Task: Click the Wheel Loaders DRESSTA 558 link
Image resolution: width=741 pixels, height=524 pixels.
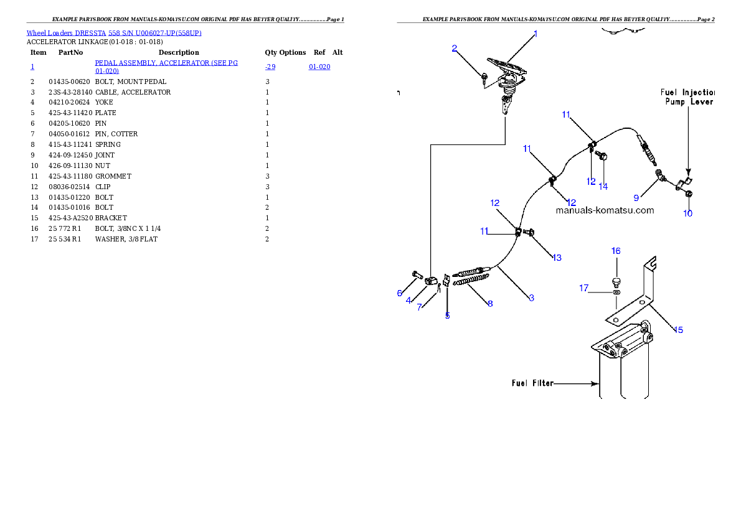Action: (114, 33)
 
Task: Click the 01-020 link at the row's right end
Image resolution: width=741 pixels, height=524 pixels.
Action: (319, 67)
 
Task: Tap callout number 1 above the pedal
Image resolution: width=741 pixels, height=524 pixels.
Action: (536, 34)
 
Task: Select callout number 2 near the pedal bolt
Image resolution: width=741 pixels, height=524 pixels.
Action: (455, 48)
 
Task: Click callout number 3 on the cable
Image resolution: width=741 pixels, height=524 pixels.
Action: (531, 298)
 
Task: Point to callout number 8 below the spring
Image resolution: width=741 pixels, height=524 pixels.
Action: (490, 304)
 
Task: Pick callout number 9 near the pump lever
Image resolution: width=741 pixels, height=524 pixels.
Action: (636, 198)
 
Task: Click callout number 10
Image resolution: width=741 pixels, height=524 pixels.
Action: (687, 213)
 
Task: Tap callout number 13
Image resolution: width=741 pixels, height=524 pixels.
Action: (556, 257)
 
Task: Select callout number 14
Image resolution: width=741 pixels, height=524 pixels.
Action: (603, 186)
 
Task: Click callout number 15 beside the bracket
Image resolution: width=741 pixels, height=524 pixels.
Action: (678, 330)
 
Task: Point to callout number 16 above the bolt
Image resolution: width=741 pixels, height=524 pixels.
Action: (616, 251)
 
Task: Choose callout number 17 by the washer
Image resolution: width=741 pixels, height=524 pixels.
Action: (583, 288)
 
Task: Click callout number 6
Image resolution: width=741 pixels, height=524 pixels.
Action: (400, 293)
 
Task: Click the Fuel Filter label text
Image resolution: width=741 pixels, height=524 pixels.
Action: (532, 383)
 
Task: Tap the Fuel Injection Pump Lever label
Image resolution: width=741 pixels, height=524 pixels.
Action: (687, 97)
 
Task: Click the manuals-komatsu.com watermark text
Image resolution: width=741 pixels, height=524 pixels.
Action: (605, 210)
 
